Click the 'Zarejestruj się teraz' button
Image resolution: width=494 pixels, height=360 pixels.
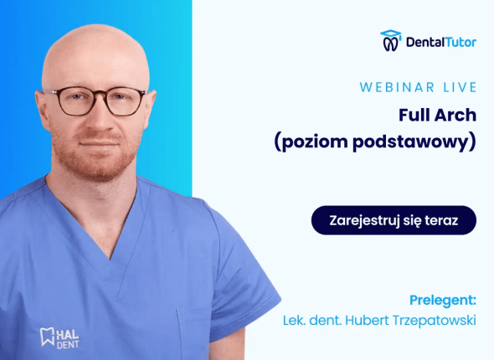click(x=394, y=220)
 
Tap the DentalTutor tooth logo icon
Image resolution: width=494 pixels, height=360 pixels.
click(x=391, y=41)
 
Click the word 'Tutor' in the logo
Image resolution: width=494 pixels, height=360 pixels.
click(x=461, y=42)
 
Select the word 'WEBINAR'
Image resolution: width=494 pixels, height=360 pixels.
click(x=397, y=87)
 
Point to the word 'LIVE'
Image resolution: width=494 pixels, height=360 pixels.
click(x=460, y=87)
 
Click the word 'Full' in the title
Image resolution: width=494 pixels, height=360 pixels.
click(x=414, y=115)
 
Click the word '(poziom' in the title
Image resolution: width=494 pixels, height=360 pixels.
click(x=311, y=142)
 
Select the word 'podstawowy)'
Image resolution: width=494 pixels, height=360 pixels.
click(x=414, y=142)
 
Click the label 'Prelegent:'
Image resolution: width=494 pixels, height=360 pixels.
click(x=443, y=301)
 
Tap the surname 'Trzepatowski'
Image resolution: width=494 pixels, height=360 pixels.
click(x=435, y=321)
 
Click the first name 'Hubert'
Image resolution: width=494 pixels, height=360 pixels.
click(x=367, y=321)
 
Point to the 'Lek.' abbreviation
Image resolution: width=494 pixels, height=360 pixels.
click(x=294, y=321)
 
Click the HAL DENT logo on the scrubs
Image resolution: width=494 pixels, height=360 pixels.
click(x=59, y=338)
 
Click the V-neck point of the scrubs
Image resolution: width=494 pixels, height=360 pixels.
click(x=110, y=258)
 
